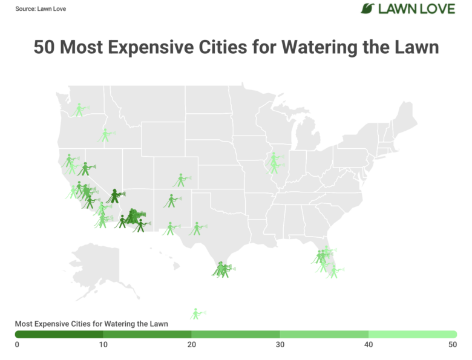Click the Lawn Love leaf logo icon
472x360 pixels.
coord(367,8)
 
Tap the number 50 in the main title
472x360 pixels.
coord(44,47)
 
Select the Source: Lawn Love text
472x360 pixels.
coord(41,8)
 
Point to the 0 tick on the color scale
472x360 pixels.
coord(17,344)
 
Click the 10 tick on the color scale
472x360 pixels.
coord(103,344)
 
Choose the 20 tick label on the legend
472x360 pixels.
coord(191,344)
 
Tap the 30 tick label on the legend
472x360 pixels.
coord(280,344)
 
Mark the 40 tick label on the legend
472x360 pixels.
coord(369,344)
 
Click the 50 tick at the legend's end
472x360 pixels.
coord(453,344)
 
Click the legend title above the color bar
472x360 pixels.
coord(91,324)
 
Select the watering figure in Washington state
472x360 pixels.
coord(80,110)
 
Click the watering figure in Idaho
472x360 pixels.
coord(106,136)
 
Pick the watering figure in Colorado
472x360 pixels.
coord(181,180)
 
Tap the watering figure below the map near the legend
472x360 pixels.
coord(197,314)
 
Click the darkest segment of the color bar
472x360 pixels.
coord(59,335)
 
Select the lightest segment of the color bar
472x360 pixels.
coord(413,335)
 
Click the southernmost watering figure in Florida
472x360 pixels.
coord(334,272)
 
